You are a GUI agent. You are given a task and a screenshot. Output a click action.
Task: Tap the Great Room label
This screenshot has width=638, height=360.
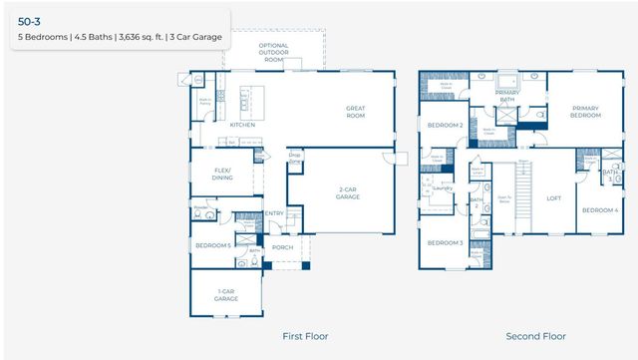point(356,112)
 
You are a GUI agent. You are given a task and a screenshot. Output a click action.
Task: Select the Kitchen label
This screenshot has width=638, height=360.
point(242,125)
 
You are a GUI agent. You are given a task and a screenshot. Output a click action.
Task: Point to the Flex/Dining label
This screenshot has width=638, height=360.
point(221,174)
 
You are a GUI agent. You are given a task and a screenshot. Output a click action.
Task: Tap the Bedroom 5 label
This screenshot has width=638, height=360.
point(212,245)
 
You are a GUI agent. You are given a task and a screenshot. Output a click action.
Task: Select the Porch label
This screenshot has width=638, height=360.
point(283,247)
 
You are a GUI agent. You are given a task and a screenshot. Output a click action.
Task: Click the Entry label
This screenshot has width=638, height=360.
point(274,212)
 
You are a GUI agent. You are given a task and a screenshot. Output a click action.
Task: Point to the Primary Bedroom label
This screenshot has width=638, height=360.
point(585,112)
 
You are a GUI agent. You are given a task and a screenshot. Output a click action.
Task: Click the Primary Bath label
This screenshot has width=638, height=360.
point(506,96)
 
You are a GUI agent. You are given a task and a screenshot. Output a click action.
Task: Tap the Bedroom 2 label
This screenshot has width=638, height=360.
point(445,126)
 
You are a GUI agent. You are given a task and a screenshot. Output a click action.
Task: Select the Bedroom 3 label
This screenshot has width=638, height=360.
point(445,243)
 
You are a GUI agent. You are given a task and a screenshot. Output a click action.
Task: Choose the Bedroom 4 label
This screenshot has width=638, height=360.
point(599,209)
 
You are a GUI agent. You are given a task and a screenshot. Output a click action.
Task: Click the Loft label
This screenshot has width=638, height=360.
point(553,197)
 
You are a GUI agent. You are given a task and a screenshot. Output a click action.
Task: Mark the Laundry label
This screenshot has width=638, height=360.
point(444,187)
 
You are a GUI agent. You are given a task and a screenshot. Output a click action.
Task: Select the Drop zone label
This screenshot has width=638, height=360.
point(294,155)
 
